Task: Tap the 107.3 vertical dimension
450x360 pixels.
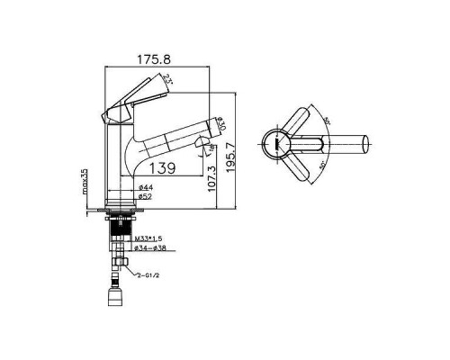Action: tap(210, 175)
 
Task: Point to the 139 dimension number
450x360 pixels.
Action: tap(163, 166)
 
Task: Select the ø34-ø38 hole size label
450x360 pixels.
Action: tap(149, 248)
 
